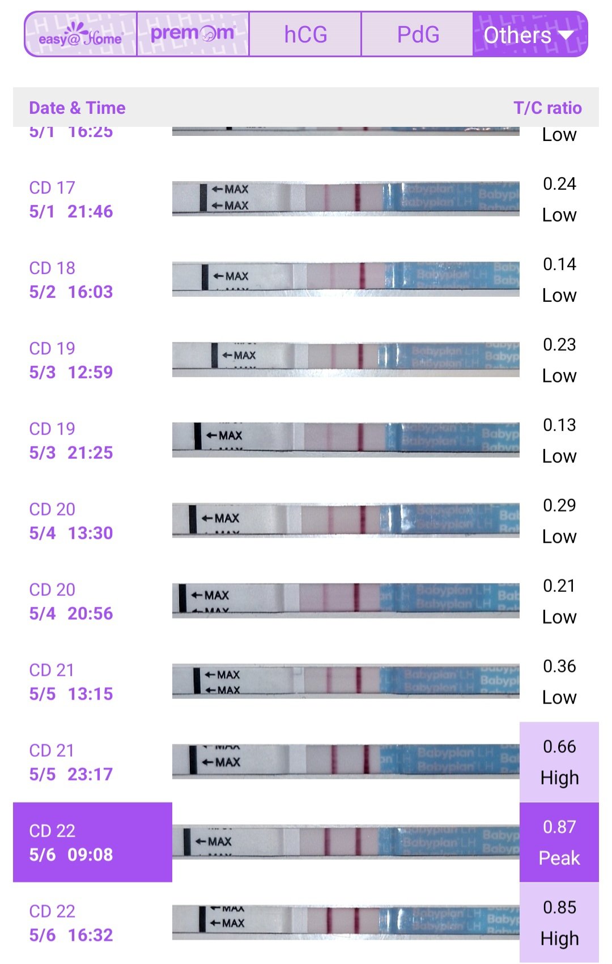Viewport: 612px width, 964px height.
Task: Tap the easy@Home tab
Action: tap(80, 35)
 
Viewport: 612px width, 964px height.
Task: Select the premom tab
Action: tap(193, 34)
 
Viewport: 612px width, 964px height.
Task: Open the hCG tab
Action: tap(305, 35)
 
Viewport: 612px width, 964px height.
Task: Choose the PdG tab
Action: tap(418, 35)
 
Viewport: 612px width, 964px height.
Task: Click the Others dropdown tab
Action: tap(529, 35)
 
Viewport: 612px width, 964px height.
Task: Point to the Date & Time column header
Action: tap(77, 108)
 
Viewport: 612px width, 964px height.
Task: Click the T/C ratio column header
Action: tap(547, 108)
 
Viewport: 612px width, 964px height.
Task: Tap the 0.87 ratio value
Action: tap(559, 827)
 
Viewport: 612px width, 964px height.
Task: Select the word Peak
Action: tap(559, 858)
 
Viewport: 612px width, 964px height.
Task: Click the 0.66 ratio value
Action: tap(559, 747)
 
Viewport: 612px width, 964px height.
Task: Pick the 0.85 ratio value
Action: tap(559, 907)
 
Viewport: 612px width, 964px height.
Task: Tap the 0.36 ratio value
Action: tap(559, 666)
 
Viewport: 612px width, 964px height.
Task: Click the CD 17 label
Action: tap(52, 187)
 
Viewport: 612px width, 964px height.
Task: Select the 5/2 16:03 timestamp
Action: tap(71, 292)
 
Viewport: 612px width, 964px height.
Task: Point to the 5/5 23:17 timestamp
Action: tap(71, 774)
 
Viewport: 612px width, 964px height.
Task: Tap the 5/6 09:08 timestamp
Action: tap(71, 855)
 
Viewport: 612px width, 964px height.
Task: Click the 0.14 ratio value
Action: tap(559, 264)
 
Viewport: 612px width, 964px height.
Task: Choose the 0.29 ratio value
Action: tap(559, 505)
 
